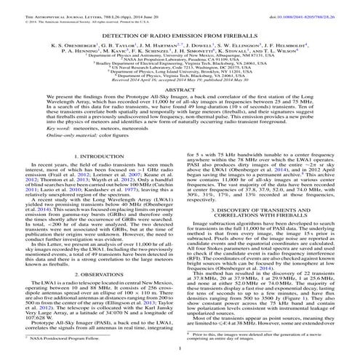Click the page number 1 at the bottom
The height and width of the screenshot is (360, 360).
coord(180,350)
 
